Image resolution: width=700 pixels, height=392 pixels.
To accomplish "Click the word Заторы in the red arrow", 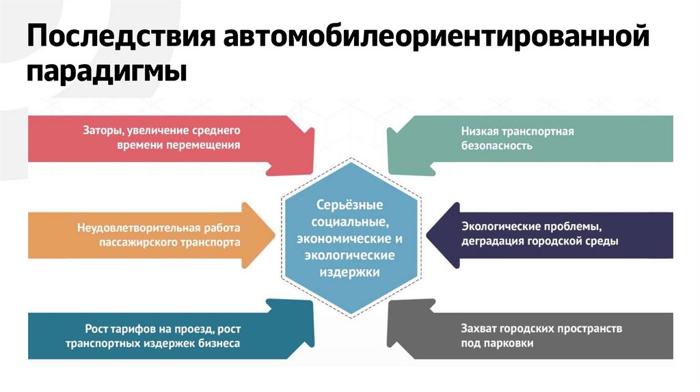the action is click(100, 130).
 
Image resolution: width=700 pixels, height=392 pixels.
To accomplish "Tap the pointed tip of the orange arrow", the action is click(274, 234).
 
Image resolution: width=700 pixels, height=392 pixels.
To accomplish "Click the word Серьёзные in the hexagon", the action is click(349, 205).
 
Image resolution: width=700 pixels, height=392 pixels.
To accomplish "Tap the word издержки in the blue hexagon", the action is click(349, 271).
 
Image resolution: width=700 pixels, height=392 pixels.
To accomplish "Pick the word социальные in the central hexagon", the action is click(349, 222).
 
